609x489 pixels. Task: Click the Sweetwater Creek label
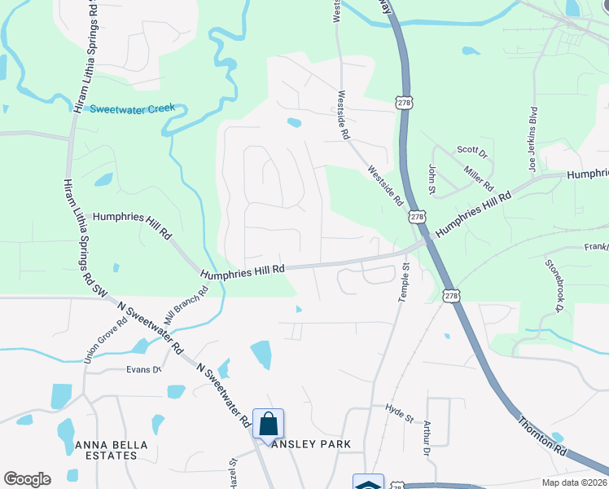click(x=133, y=108)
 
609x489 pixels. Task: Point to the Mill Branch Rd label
click(x=186, y=303)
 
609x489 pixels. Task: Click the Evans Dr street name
click(x=144, y=369)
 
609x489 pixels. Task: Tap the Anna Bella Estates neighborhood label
click(x=106, y=450)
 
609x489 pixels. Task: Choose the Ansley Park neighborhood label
click(x=313, y=444)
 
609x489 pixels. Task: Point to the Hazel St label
click(x=233, y=473)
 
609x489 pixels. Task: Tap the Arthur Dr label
click(x=426, y=438)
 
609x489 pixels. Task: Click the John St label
click(x=432, y=178)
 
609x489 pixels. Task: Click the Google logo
click(x=27, y=479)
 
